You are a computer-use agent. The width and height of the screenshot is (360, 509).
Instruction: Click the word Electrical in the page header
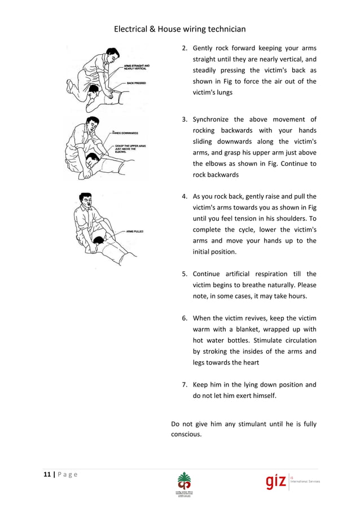click(x=131, y=29)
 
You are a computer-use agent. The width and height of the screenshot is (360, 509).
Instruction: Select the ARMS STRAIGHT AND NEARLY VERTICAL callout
click(x=138, y=67)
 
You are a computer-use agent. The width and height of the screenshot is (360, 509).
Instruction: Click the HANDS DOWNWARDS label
click(x=126, y=133)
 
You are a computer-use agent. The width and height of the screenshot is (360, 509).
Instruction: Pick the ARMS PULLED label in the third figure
click(x=135, y=231)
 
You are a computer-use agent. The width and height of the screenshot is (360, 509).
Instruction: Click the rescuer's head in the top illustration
click(x=111, y=55)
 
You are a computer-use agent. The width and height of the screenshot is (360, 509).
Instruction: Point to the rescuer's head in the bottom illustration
click(x=86, y=200)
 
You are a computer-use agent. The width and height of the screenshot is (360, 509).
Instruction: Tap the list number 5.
click(x=185, y=274)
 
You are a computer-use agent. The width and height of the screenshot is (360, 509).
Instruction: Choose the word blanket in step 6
click(x=257, y=329)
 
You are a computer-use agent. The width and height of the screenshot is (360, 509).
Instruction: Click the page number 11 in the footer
click(x=47, y=473)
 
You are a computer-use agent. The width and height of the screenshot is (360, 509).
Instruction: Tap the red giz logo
click(x=276, y=483)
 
